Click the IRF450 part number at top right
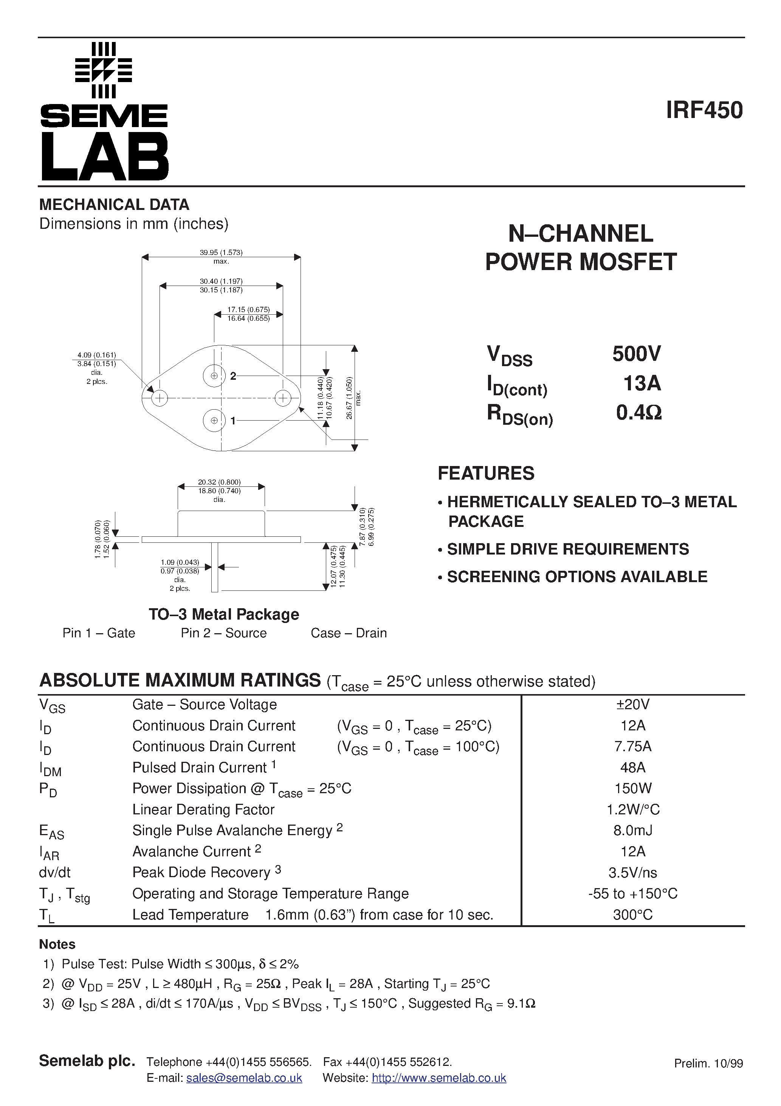tap(704, 110)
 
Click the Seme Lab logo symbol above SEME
tap(104, 70)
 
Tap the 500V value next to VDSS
tap(637, 354)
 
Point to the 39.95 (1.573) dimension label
tap(221, 252)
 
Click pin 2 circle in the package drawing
tap(214, 376)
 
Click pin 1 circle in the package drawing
tap(214, 421)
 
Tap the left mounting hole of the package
tap(160, 398)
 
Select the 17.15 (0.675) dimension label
tap(248, 310)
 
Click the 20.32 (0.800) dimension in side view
tap(219, 482)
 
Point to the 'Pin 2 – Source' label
tap(223, 633)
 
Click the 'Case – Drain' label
tap(349, 633)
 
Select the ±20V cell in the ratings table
tap(633, 705)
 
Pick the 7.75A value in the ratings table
tap(633, 747)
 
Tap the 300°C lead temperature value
tap(633, 915)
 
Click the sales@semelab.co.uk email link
tap(244, 1078)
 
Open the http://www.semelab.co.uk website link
tap(439, 1078)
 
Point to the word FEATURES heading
tap(486, 474)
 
